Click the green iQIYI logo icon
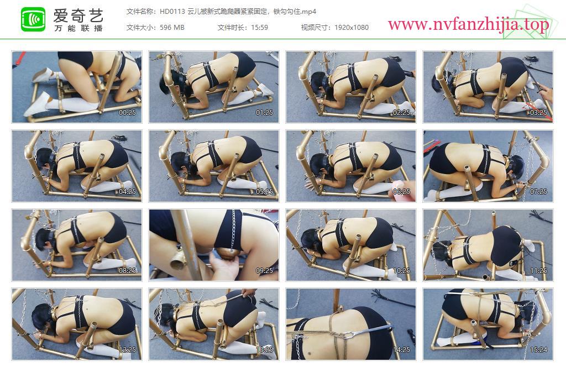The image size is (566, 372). [33, 19]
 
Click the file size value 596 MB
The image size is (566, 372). [172, 28]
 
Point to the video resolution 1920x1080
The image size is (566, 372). [352, 28]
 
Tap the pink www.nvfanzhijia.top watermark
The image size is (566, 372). [468, 24]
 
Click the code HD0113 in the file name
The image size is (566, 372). [172, 12]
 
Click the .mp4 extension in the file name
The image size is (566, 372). [308, 12]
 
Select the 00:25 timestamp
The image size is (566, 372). [128, 113]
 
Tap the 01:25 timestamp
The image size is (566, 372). [265, 113]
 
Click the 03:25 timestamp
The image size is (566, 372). [538, 113]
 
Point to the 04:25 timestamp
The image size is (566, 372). [128, 192]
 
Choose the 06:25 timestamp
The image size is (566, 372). [401, 192]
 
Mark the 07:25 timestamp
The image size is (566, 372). [538, 192]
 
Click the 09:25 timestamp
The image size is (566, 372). [265, 271]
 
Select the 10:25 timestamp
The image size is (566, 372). [401, 271]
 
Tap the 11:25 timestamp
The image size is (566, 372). [538, 271]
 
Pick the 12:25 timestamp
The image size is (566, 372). [128, 350]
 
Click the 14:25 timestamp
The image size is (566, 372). [401, 350]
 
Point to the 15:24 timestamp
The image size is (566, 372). [538, 350]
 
